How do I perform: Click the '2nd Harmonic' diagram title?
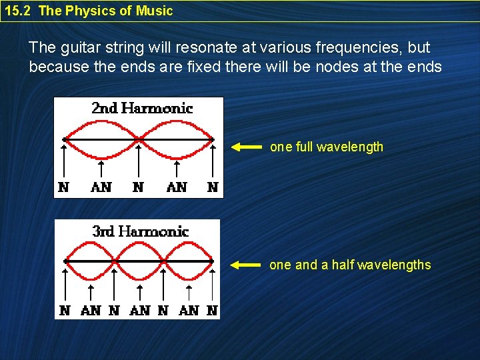(141, 109)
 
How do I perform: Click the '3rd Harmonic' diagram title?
(140, 231)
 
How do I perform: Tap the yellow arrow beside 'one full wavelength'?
(246, 147)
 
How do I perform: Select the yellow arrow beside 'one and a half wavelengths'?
(246, 265)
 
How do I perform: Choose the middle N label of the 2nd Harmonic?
(138, 187)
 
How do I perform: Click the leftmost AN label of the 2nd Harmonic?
(101, 187)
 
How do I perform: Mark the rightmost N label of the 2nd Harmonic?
(213, 187)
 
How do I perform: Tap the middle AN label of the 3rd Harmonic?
(140, 310)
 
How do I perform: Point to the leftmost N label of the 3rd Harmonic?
(65, 310)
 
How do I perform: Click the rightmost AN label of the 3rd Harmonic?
(189, 310)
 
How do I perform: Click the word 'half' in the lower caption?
(342, 265)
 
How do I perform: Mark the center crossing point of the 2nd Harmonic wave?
(139, 139)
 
